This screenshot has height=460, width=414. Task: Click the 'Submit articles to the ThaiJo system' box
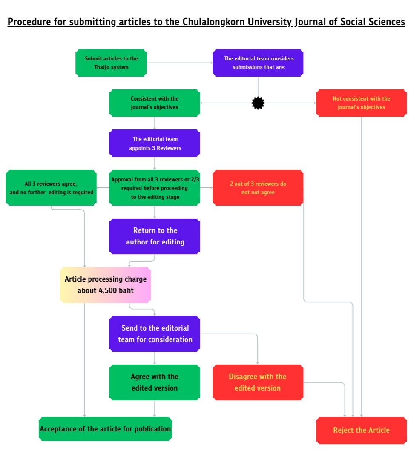pyautogui.click(x=111, y=63)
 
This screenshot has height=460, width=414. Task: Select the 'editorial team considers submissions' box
pyautogui.click(x=258, y=63)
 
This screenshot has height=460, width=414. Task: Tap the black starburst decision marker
pyautogui.click(x=258, y=103)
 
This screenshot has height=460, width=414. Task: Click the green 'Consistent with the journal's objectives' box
pyautogui.click(x=154, y=103)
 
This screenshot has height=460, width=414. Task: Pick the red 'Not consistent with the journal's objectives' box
pyautogui.click(x=361, y=103)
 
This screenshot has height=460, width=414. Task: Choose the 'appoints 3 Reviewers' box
pyautogui.click(x=154, y=144)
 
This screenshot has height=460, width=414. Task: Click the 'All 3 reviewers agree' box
pyautogui.click(x=51, y=188)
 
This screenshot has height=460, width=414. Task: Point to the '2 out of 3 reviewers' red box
pyautogui.click(x=258, y=188)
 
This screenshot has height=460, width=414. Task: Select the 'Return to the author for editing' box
pyautogui.click(x=154, y=236)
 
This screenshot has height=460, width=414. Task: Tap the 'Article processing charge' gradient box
pyautogui.click(x=105, y=285)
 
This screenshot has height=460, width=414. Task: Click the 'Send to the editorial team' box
pyautogui.click(x=154, y=333)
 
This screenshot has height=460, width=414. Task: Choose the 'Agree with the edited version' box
pyautogui.click(x=154, y=382)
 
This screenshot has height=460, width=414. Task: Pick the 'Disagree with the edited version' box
pyautogui.click(x=258, y=382)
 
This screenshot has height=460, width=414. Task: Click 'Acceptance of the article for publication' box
pyautogui.click(x=105, y=429)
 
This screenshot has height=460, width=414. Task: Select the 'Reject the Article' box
pyautogui.click(x=361, y=430)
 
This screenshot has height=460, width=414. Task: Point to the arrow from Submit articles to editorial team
pyautogui.click(x=179, y=63)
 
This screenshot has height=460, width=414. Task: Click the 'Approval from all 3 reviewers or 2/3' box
pyautogui.click(x=154, y=188)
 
